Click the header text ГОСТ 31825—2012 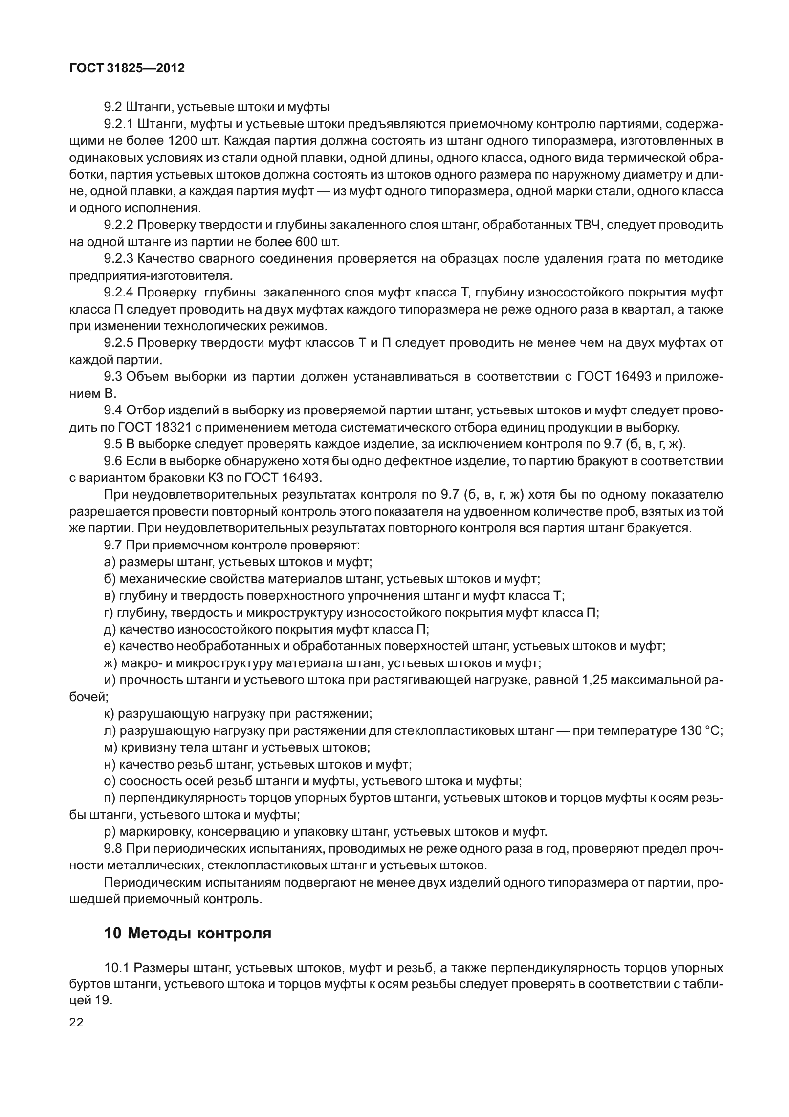click(x=127, y=68)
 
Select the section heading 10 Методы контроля click(x=188, y=933)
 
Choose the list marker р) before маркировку click(x=110, y=831)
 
